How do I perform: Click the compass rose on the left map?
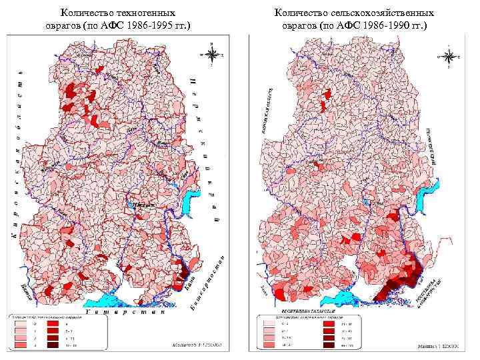tap(211, 53)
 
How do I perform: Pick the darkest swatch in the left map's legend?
tap(51, 346)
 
